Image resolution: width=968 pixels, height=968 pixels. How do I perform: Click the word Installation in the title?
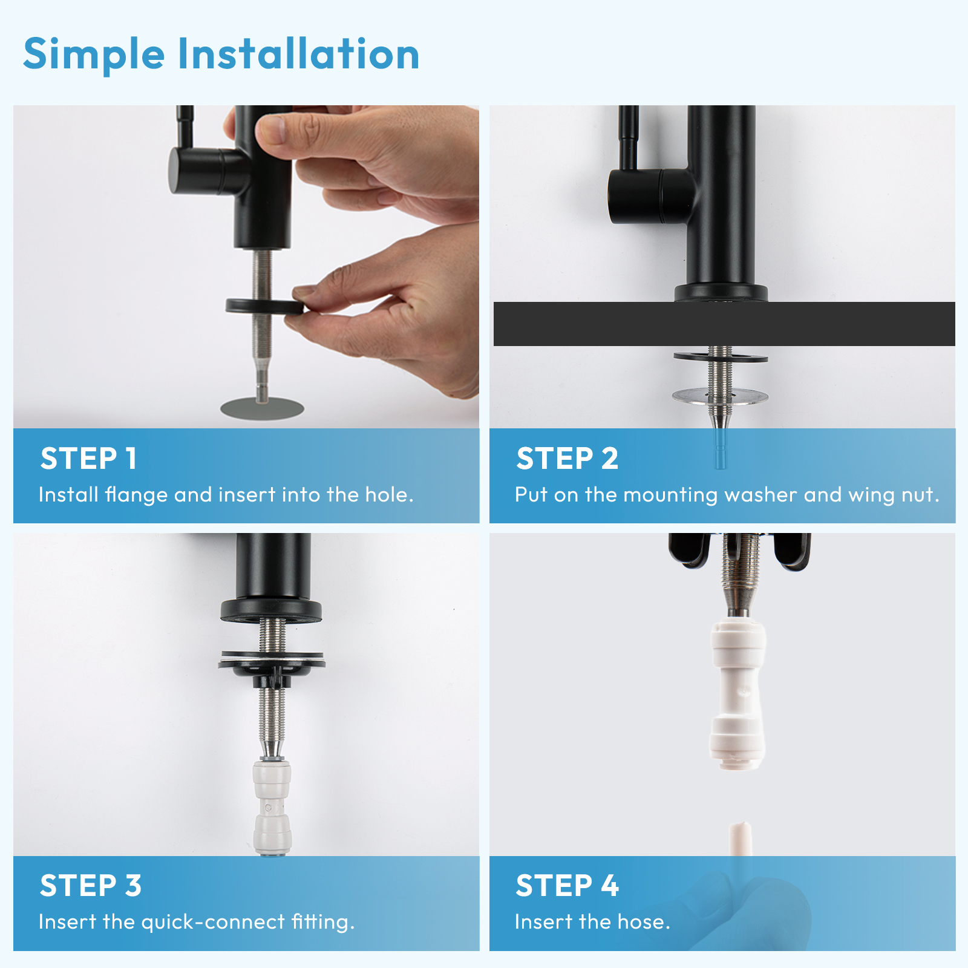298,54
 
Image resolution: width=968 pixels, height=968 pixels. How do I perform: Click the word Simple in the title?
94,54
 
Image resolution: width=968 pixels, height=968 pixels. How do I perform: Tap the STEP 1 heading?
88,459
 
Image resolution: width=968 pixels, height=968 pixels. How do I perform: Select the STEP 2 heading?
567,459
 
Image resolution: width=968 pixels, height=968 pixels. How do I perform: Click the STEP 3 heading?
91,886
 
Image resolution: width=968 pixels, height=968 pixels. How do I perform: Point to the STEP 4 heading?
567,886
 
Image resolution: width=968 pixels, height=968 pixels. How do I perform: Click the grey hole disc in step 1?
261,408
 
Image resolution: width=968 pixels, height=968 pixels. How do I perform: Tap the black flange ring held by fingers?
264,306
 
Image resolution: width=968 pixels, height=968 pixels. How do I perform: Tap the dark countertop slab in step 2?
605,324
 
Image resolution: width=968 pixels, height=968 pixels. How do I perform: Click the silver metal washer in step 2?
719,397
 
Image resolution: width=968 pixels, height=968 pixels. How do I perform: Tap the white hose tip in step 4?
741,838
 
